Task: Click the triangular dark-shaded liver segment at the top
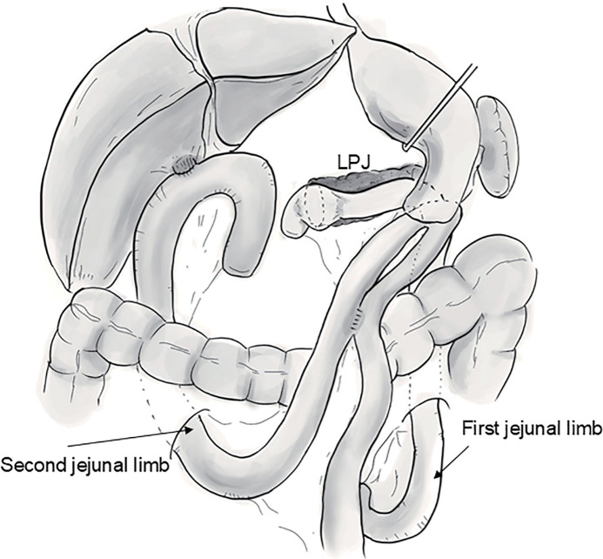click(x=261, y=96)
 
